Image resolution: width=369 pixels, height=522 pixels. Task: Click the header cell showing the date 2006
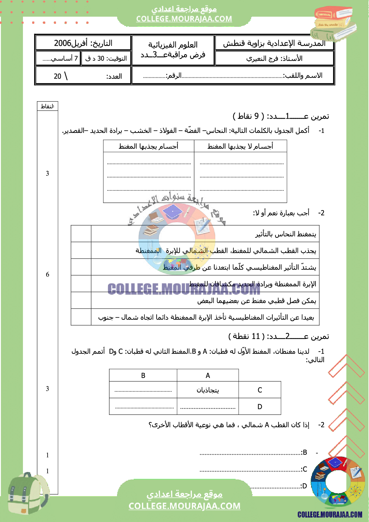[x=83, y=43]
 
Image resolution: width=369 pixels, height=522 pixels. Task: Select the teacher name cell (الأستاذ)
[x=274, y=58]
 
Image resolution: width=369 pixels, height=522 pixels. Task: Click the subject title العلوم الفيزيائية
[x=173, y=45]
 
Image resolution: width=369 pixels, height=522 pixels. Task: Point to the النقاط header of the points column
[x=47, y=106]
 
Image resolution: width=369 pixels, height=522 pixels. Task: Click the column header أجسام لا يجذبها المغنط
[x=240, y=146]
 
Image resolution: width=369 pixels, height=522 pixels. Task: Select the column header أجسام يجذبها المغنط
[x=148, y=146]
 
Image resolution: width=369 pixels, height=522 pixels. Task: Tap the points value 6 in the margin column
[x=47, y=274]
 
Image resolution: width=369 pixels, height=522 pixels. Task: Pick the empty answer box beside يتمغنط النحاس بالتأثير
[x=81, y=234]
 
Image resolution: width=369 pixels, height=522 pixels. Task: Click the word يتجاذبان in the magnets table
[x=208, y=390]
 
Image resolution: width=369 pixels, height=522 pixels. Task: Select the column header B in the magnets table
[x=143, y=376]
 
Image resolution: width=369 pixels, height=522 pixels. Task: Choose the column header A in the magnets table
[x=208, y=376]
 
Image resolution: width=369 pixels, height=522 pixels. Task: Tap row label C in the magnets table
[x=260, y=390]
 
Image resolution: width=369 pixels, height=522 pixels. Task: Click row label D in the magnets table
[x=260, y=407]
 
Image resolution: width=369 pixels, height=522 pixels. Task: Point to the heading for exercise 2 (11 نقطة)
[x=278, y=336]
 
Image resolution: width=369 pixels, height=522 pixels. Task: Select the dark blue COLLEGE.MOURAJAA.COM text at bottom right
[x=330, y=514]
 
